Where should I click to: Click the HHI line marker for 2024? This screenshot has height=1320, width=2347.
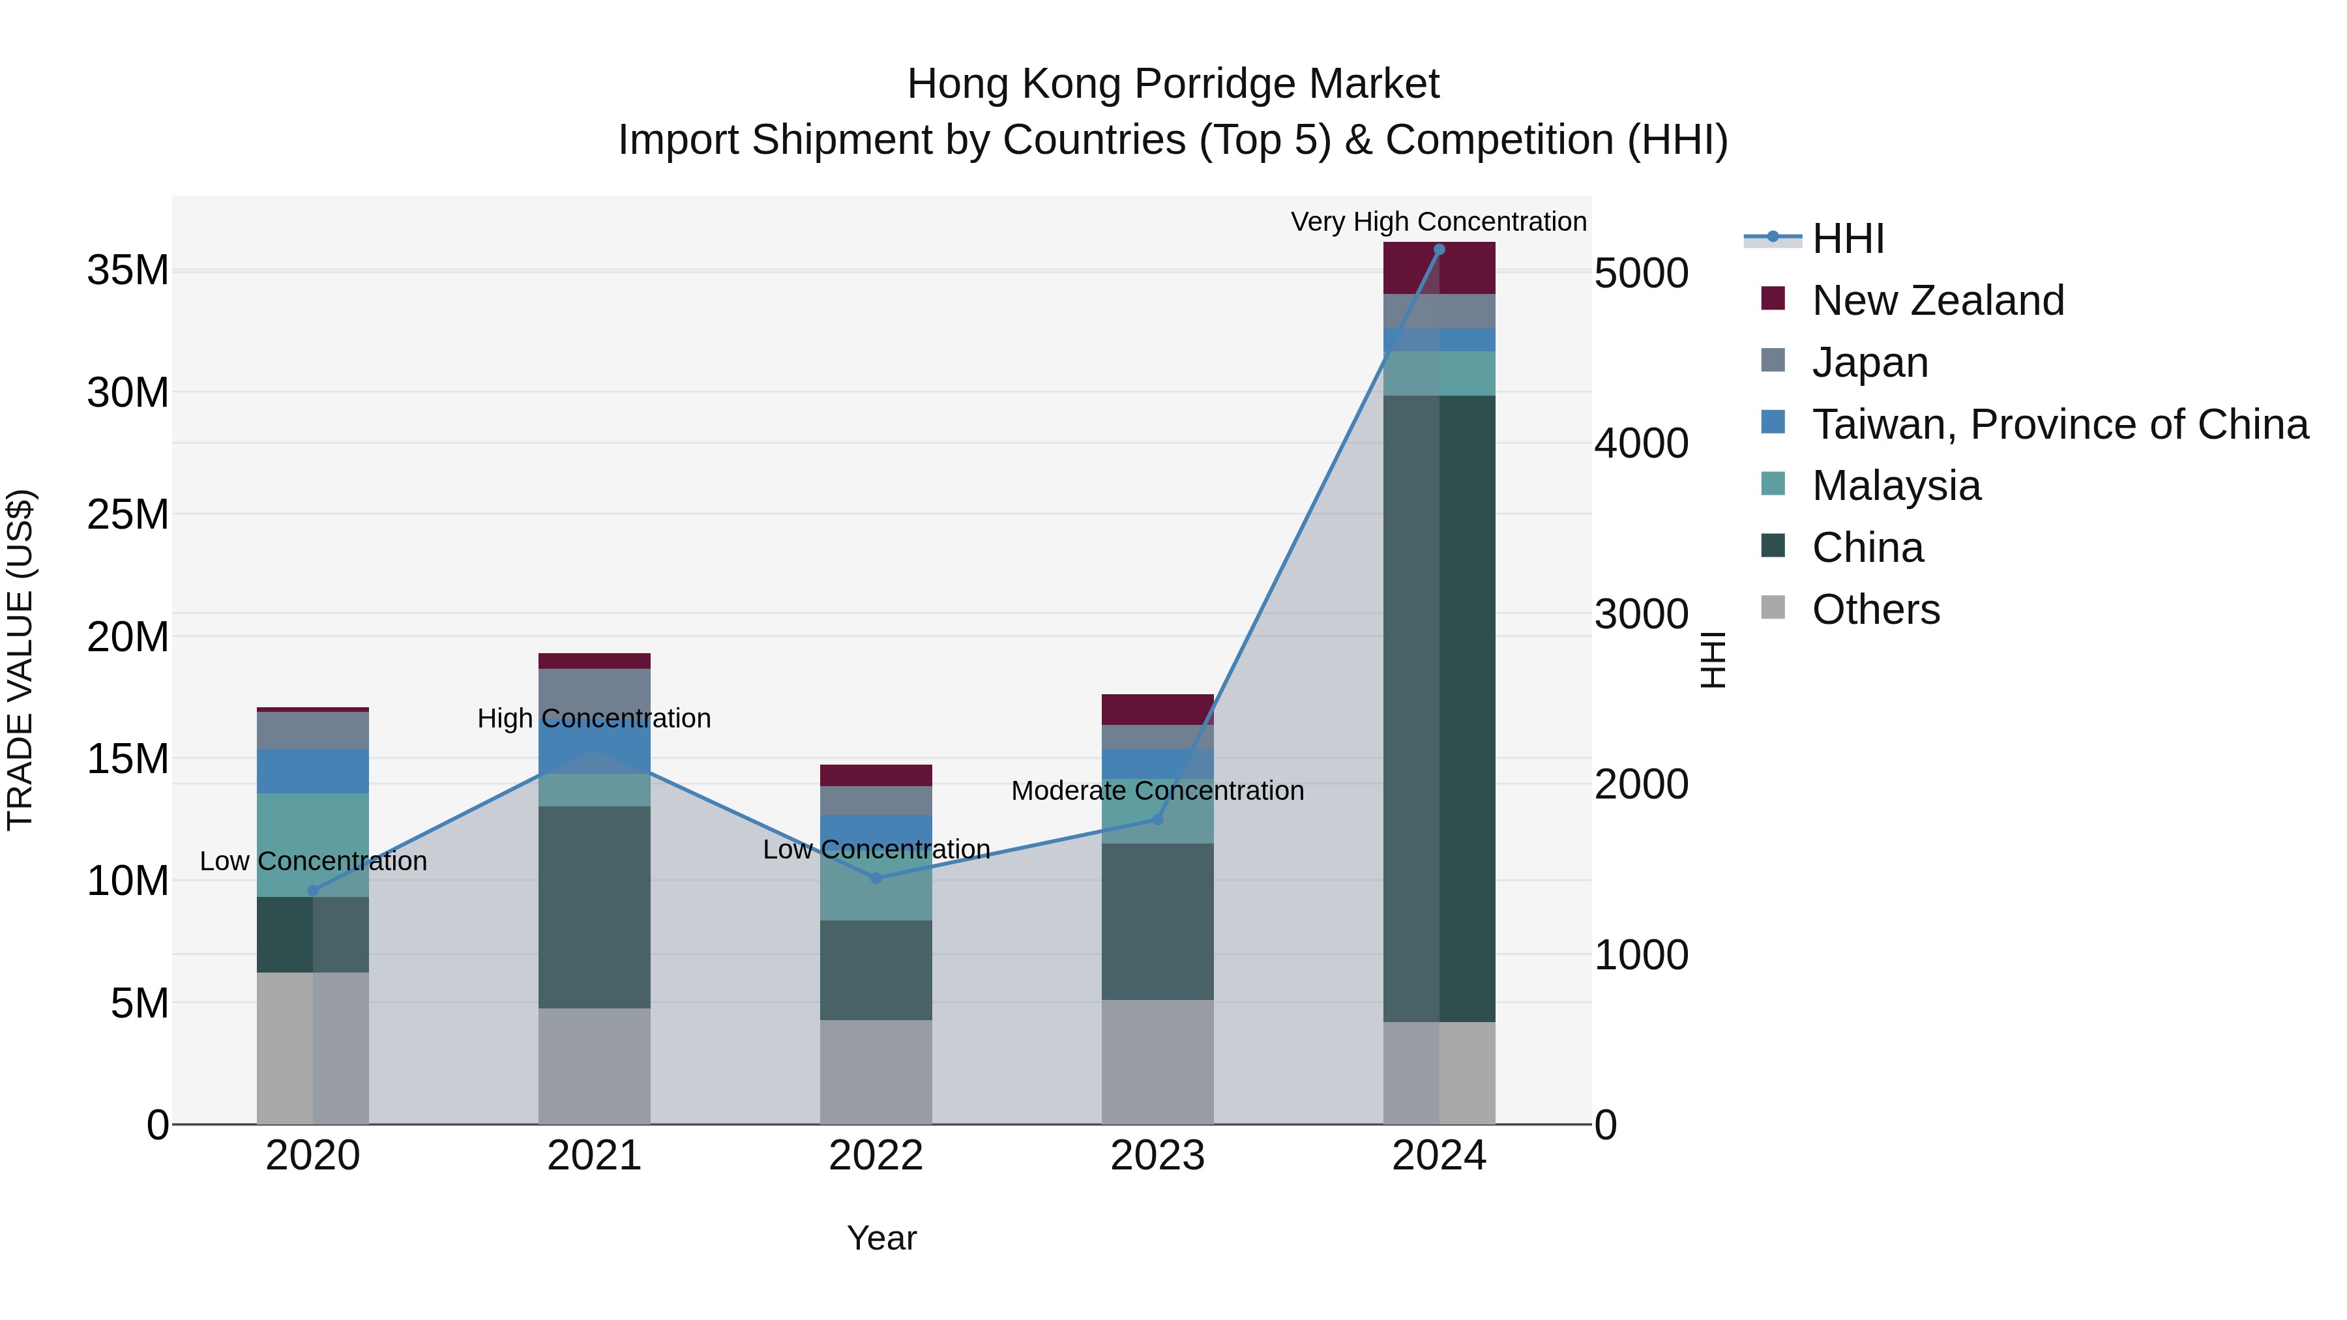pos(1439,250)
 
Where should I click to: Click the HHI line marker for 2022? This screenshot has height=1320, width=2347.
pos(876,878)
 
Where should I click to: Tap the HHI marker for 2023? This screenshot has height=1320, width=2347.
pos(1157,819)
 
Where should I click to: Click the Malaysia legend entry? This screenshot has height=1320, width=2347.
pos(1895,486)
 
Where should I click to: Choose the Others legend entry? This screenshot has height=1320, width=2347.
pos(1875,609)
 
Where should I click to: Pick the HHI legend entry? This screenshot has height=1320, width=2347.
pos(1847,239)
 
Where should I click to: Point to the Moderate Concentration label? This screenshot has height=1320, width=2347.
pos(1157,791)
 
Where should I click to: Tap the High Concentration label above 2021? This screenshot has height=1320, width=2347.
pos(593,719)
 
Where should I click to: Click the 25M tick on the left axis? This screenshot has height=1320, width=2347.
pos(128,515)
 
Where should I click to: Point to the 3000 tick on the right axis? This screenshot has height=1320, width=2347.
pos(1641,614)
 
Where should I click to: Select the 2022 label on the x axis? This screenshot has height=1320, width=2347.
pos(876,1156)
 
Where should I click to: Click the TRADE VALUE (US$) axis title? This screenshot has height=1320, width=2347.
pos(20,660)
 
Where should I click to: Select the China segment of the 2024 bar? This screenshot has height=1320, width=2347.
pos(1439,708)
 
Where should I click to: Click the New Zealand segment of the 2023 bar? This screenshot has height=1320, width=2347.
pos(1157,709)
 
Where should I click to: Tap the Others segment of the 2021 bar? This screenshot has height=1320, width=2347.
pos(594,1065)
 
